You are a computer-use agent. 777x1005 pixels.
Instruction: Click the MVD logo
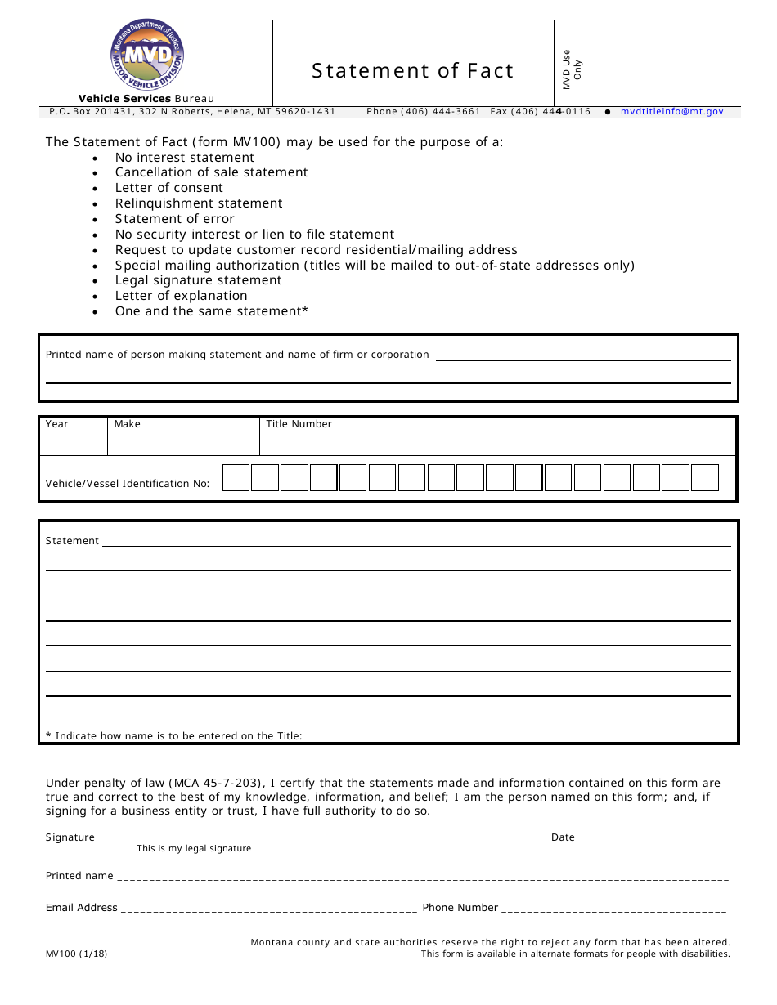(147, 56)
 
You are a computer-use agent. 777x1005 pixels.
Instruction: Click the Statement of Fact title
(412, 71)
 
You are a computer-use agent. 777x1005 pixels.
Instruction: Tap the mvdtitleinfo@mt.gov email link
(671, 112)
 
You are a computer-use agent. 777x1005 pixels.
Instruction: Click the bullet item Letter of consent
(168, 188)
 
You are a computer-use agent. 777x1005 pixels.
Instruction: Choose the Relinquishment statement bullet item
(199, 203)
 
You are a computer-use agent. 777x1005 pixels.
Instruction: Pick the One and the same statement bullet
(212, 311)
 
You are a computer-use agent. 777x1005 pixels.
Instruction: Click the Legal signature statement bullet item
(198, 280)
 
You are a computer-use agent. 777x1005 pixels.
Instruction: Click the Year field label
(57, 424)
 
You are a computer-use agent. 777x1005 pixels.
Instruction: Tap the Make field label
(128, 424)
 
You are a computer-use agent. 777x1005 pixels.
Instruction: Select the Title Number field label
(299, 424)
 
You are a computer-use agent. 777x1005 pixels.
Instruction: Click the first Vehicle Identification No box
(236, 478)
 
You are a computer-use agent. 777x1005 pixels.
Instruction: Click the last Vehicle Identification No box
(704, 478)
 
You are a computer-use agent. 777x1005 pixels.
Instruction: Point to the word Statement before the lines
(72, 541)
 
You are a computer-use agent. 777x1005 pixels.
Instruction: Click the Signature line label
(70, 837)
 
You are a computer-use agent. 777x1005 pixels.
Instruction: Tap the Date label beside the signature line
(563, 837)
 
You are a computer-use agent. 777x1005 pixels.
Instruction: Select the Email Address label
(82, 908)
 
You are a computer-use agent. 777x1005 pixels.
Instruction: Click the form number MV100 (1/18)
(76, 954)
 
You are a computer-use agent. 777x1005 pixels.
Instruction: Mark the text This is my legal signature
(194, 849)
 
